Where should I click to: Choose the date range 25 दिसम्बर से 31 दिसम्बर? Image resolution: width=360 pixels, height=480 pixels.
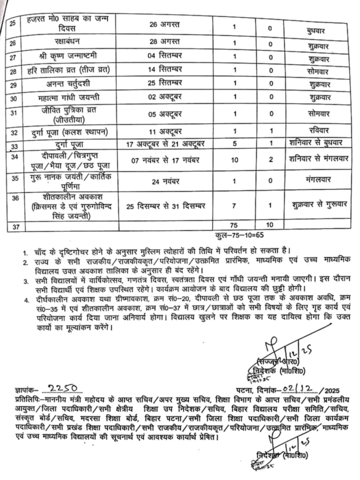click(167, 206)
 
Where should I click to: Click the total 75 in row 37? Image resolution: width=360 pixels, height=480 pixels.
click(235, 225)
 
